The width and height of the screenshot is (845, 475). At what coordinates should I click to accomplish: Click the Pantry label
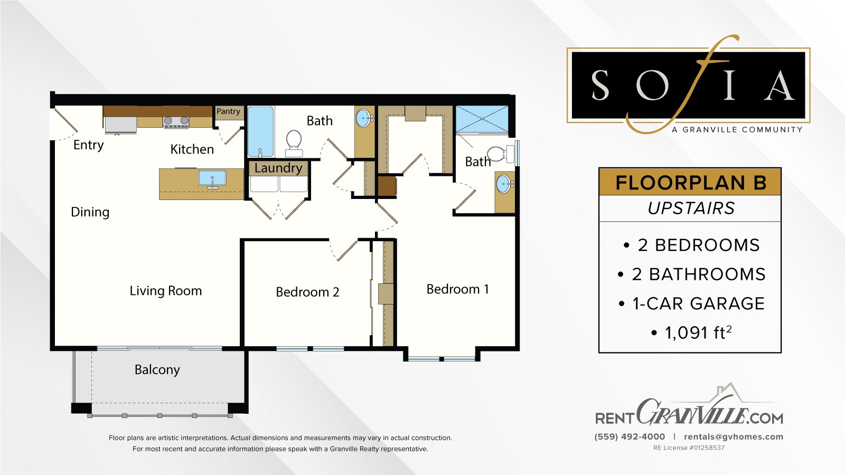point(228,111)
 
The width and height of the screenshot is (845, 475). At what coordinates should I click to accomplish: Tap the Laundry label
point(278,168)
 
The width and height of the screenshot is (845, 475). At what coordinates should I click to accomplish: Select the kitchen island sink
point(212,178)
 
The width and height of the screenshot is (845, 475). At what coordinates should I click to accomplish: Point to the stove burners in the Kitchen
point(176,122)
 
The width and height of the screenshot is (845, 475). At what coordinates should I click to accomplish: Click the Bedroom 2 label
point(307,292)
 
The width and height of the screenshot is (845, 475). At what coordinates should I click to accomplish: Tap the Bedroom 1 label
point(457,289)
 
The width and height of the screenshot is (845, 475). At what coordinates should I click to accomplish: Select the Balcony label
point(157,369)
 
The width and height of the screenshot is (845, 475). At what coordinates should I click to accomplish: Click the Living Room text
point(166,291)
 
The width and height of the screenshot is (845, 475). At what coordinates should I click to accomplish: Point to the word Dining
point(90,212)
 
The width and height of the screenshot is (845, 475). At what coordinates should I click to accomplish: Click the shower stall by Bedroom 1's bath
point(482,119)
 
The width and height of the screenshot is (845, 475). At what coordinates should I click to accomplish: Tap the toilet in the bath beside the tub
point(294,141)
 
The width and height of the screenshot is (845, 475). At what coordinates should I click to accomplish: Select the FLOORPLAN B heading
point(690,183)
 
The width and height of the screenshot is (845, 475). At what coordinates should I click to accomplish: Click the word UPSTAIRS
point(691,208)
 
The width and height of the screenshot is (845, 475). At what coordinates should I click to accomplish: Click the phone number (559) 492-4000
point(630,436)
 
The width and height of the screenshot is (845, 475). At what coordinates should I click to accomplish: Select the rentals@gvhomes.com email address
point(733,436)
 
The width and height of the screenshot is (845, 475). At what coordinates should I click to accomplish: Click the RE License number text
point(689,448)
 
